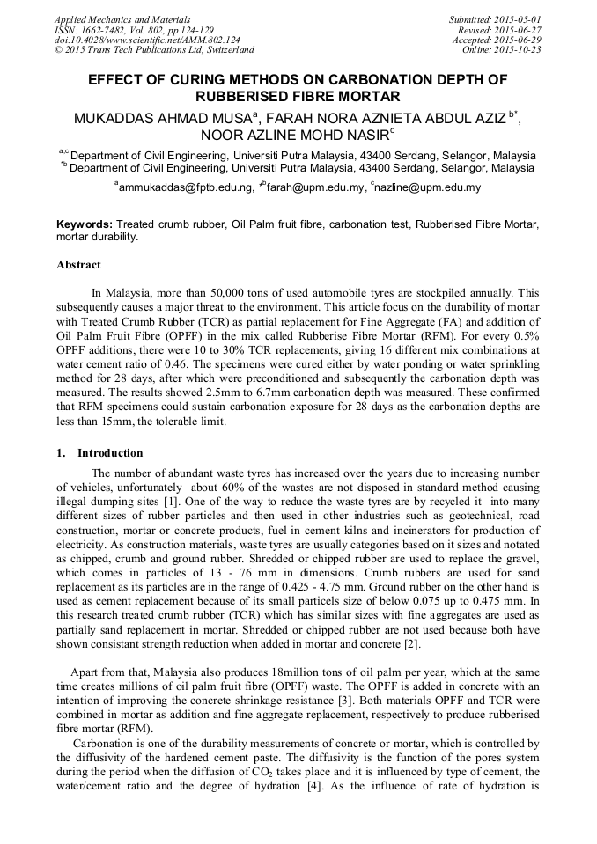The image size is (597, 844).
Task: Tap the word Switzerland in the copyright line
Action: tap(227, 50)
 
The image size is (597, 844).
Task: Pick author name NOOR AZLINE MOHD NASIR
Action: tap(294, 136)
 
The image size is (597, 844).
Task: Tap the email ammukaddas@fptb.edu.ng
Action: tap(185, 187)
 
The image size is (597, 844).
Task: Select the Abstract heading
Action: tap(78, 265)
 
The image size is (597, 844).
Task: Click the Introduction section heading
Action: tap(109, 453)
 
